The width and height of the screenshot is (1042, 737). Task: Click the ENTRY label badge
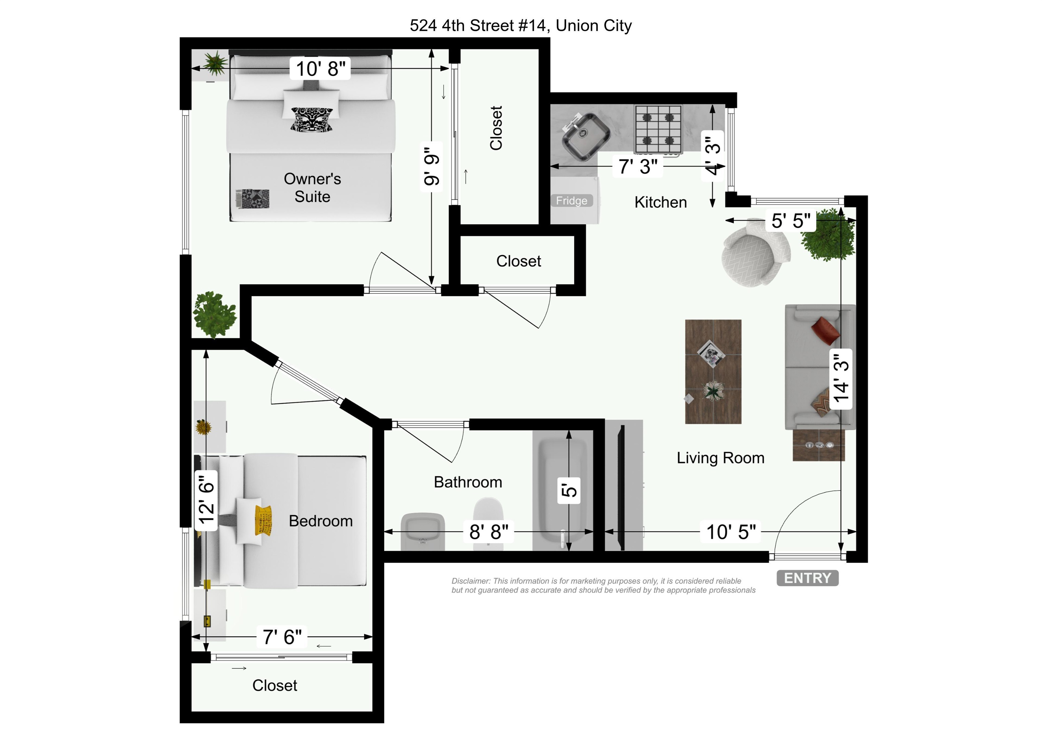807,578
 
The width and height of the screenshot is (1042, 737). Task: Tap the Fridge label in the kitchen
572,201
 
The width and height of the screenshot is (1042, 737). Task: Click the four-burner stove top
658,129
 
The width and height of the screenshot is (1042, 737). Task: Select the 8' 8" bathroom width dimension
488,532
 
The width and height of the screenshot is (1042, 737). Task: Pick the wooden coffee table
713,372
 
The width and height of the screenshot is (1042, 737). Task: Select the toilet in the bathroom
488,522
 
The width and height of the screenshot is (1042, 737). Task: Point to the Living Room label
720,458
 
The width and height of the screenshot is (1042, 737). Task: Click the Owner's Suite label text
312,188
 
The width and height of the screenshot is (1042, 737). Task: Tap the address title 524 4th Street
521,25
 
